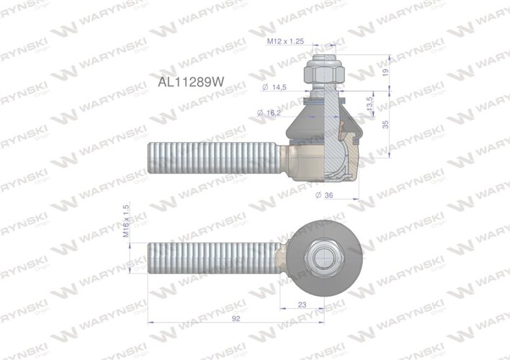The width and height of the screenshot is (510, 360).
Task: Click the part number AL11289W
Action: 189,82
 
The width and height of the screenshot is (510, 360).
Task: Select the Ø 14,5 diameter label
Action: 275,87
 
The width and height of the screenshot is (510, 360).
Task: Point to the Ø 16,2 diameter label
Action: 271,113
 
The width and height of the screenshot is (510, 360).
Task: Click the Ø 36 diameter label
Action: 326,195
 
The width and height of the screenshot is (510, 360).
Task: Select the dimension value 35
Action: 386,124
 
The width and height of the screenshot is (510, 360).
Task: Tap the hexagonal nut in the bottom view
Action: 321,256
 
